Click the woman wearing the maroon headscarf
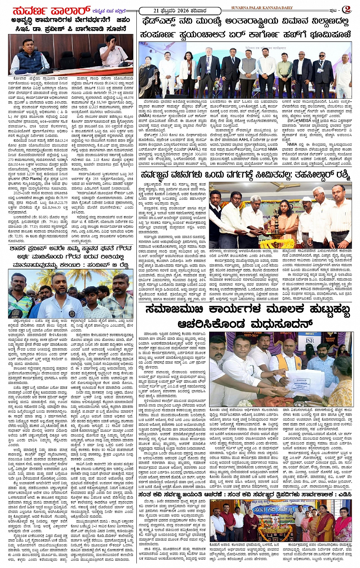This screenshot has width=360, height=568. (253, 518)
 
